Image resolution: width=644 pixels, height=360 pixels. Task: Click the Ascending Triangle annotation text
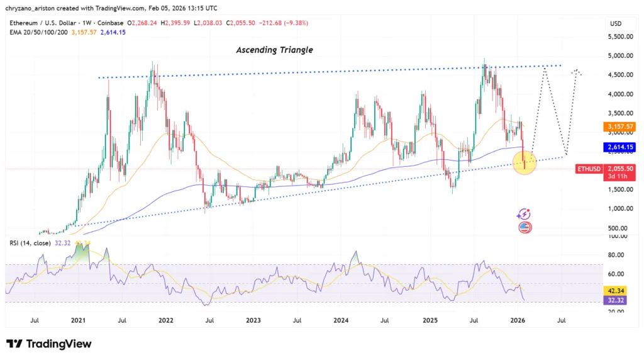(x=274, y=50)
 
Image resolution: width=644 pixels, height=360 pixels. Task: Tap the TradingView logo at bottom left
(x=49, y=344)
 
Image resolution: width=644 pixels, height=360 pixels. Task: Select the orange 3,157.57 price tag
(x=619, y=127)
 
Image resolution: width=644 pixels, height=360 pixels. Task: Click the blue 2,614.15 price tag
(x=619, y=147)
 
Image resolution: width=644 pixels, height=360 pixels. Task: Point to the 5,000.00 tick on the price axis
(x=618, y=55)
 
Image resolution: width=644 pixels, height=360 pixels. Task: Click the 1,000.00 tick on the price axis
(x=618, y=208)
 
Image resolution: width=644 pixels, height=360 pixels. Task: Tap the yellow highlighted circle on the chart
(x=525, y=162)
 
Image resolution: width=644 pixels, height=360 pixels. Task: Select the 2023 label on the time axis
(x=253, y=320)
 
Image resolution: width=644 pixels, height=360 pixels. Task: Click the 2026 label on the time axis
(x=518, y=320)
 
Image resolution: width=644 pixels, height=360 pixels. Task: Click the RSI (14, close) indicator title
(x=30, y=242)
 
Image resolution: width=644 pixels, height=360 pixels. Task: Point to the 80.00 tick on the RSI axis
(x=618, y=255)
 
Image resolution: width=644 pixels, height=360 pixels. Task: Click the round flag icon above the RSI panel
(x=525, y=227)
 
